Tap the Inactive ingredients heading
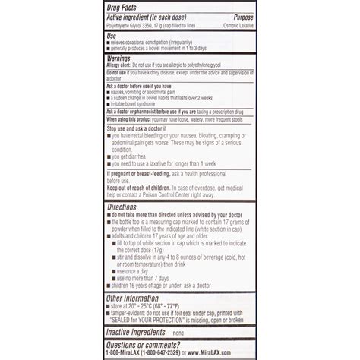click(x=137, y=333)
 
